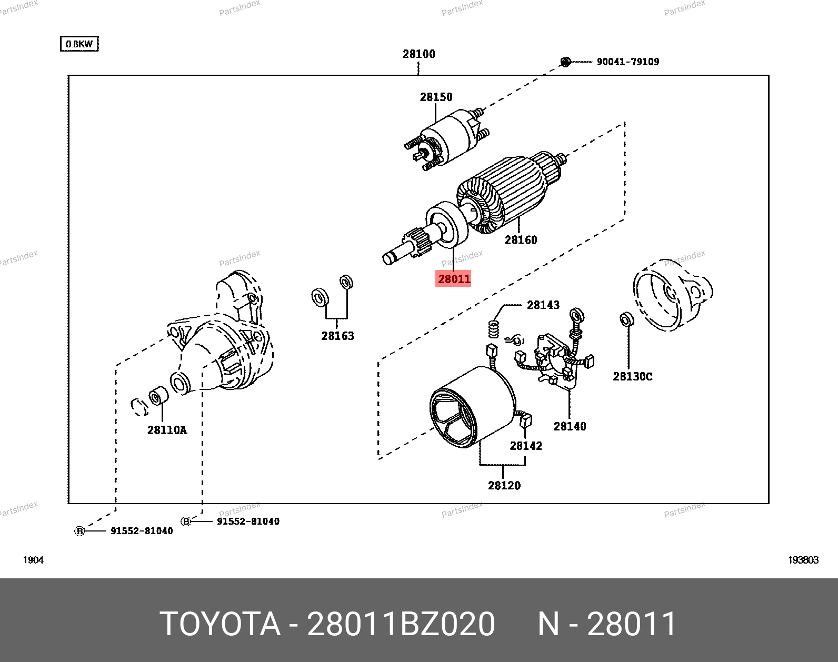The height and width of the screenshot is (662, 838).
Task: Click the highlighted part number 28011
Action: coord(454,278)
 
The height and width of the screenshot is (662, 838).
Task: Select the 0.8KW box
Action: coord(79,44)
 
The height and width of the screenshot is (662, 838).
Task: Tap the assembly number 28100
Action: coord(419,54)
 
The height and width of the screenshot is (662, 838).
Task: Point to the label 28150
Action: coord(436,97)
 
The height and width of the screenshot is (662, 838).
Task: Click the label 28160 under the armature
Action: coord(521,240)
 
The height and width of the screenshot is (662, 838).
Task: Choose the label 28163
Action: coord(337,336)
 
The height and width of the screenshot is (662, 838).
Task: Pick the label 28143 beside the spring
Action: coord(543,305)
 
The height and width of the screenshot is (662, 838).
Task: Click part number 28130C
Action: coord(632,376)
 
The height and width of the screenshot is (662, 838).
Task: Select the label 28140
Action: coord(570,426)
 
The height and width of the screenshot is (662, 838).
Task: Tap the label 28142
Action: coord(525,446)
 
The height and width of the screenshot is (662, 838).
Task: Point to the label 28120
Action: coord(504,485)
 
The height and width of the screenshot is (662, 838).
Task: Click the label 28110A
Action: coord(167,430)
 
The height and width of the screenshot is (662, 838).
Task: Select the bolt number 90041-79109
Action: coord(627,62)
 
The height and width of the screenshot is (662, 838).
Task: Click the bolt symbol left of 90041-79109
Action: coord(565,62)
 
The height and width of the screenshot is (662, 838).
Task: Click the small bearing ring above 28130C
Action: coord(626,319)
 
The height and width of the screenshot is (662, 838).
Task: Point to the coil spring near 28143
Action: coord(494,329)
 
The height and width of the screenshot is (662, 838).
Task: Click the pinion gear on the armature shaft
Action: coord(417,242)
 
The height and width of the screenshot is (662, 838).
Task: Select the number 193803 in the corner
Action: coord(803,560)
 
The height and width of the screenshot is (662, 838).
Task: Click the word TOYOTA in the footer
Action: coord(220,624)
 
